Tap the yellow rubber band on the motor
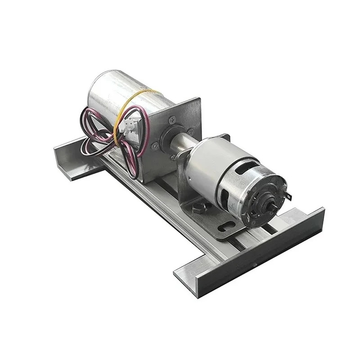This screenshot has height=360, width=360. point(118,112)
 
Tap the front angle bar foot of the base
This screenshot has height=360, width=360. point(252,252)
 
